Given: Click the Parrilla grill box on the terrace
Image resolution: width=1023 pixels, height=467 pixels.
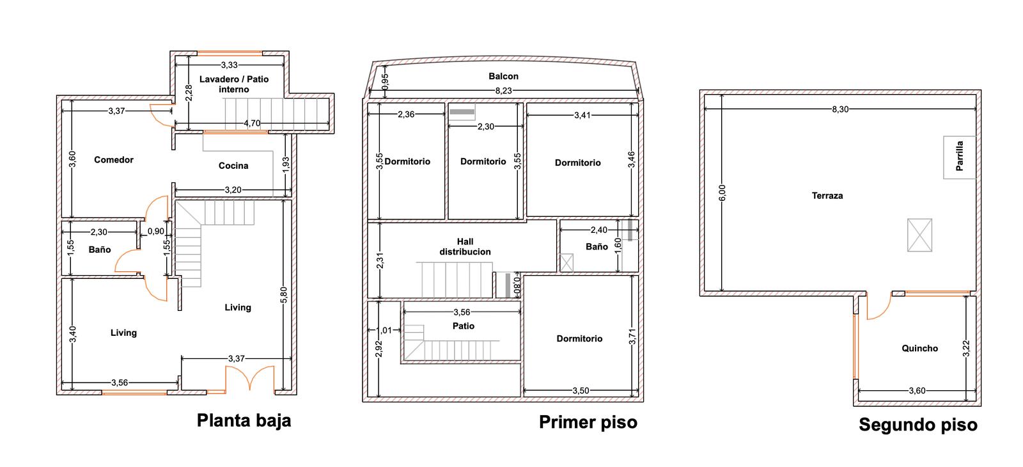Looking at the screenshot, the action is [x=960, y=157].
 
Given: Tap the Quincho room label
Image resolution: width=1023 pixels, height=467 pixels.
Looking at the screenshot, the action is [x=919, y=348].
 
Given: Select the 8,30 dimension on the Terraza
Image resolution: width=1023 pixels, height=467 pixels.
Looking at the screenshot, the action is [x=840, y=109].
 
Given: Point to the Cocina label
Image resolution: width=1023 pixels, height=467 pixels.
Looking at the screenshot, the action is [x=233, y=166].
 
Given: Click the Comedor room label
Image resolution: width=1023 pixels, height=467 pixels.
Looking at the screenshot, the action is [x=114, y=159].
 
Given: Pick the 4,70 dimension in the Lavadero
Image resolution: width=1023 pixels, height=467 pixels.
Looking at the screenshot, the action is [x=252, y=123].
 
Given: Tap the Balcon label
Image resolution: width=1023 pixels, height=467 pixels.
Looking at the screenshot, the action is [x=503, y=76].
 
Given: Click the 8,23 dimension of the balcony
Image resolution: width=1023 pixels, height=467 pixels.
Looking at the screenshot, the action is [x=504, y=90].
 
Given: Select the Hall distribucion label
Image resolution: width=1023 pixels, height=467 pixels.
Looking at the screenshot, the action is [x=465, y=246].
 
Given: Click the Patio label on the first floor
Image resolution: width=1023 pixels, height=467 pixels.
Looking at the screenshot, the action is [x=463, y=326].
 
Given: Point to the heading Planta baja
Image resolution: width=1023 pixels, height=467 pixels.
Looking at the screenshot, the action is [x=244, y=420].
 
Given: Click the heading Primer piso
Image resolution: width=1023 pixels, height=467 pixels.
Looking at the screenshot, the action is [x=588, y=422].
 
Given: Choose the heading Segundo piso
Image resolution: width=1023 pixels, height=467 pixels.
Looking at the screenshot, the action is [x=918, y=425].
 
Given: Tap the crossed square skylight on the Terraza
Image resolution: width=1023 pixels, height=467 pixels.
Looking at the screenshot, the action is [x=919, y=235].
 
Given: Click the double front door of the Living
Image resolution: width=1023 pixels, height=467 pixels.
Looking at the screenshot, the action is [x=250, y=378].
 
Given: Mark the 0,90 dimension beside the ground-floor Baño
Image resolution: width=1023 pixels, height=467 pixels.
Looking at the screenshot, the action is [x=156, y=231].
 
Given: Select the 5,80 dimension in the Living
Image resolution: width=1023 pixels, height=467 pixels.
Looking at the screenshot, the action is [x=284, y=295].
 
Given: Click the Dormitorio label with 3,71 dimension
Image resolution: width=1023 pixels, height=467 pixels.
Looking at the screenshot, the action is [x=579, y=338].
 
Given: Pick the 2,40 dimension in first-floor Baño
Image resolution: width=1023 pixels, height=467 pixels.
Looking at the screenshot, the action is [x=598, y=230].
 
